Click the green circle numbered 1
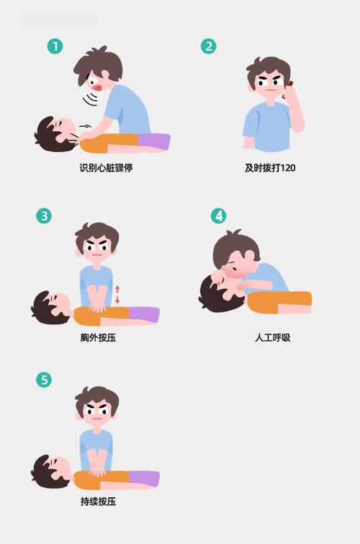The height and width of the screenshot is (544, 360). pos(55,46)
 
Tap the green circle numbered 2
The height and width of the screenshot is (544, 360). pos(208,46)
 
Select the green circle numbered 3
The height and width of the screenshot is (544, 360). pos(44,215)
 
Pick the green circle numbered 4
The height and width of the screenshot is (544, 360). pos(218,215)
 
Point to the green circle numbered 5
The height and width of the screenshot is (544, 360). pos(44,380)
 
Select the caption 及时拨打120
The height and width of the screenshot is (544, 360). pos(270,168)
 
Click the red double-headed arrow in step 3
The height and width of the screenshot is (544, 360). pos(117,294)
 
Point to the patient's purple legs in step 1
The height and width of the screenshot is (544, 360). pos(153,141)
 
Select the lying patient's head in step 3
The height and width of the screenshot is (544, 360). pos(50,308)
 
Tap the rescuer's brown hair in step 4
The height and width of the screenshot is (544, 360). pos(230,249)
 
